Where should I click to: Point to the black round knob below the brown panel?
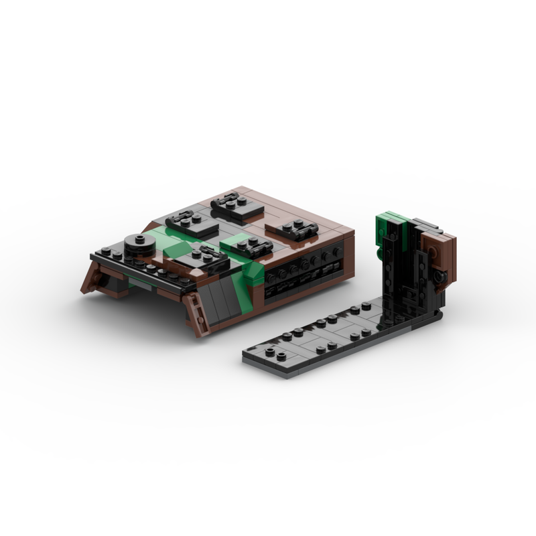point(438,277)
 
